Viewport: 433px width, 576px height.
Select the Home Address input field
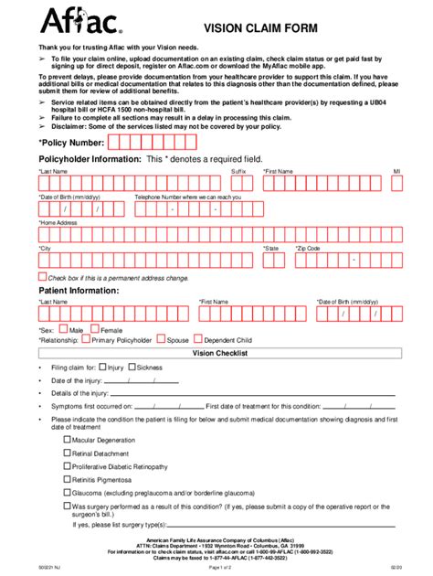coord(219,234)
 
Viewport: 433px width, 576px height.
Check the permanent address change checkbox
coord(41,276)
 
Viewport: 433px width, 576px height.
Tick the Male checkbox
coord(63,329)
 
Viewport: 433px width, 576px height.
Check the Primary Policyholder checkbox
coord(85,339)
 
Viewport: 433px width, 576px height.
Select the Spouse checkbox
coord(161,339)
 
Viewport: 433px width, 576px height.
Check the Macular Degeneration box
coord(67,439)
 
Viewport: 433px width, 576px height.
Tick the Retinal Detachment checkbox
coord(67,452)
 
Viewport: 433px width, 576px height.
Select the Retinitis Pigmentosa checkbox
coord(67,478)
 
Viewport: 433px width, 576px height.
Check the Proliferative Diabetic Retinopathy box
coord(67,465)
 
